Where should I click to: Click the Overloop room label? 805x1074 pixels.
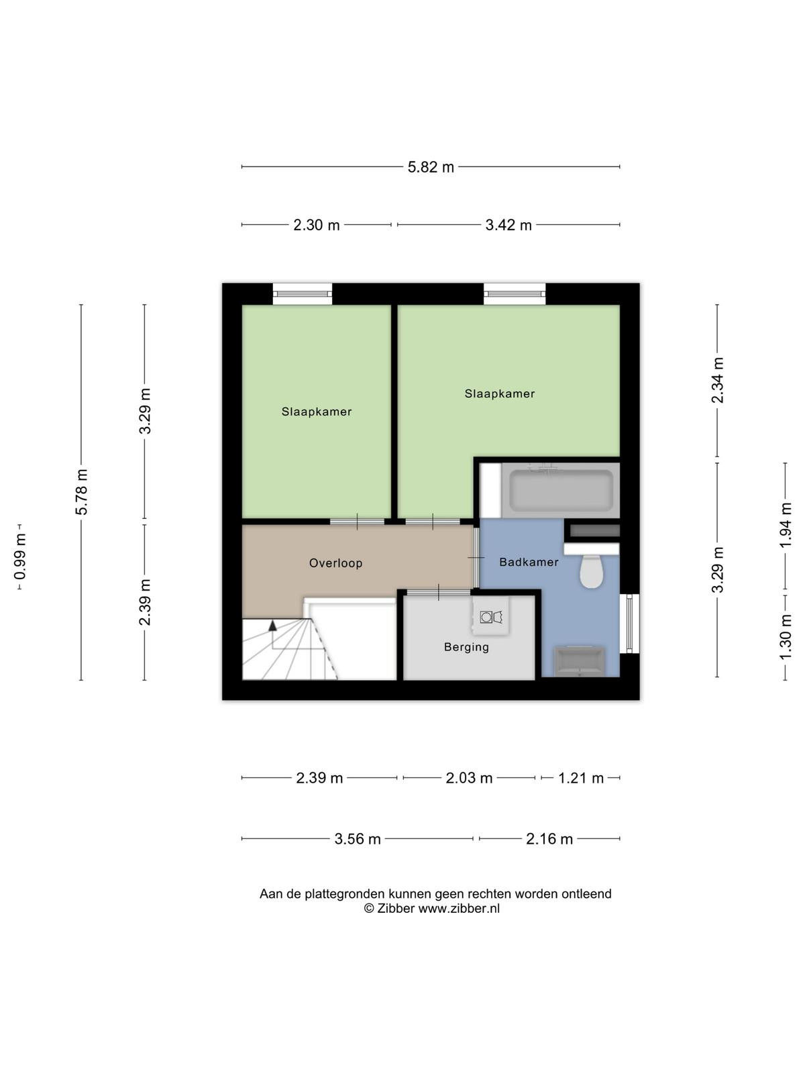(x=336, y=563)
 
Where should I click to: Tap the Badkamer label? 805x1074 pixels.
(x=529, y=563)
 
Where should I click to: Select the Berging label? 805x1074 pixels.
(x=466, y=647)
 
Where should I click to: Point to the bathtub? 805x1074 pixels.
(x=561, y=490)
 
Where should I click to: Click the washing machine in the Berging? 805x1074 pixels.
(x=491, y=616)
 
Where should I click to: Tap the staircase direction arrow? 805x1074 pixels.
(x=272, y=625)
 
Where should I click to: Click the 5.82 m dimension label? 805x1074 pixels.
(x=431, y=167)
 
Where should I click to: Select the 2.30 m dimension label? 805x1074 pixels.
(x=316, y=225)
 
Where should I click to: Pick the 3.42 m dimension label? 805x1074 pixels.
(x=508, y=225)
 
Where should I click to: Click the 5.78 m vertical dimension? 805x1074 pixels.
(x=81, y=492)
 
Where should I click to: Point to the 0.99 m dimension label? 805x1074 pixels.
(x=20, y=557)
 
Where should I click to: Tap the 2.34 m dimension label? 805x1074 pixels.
(x=717, y=380)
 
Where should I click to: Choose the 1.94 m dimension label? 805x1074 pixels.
(x=785, y=526)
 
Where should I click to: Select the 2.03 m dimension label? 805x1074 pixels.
(x=469, y=777)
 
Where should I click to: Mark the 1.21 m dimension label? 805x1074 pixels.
(x=581, y=777)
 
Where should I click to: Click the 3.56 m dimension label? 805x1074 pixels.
(x=358, y=839)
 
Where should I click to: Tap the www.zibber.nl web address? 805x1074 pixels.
(x=458, y=909)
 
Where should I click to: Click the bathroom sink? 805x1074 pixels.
(x=579, y=661)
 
